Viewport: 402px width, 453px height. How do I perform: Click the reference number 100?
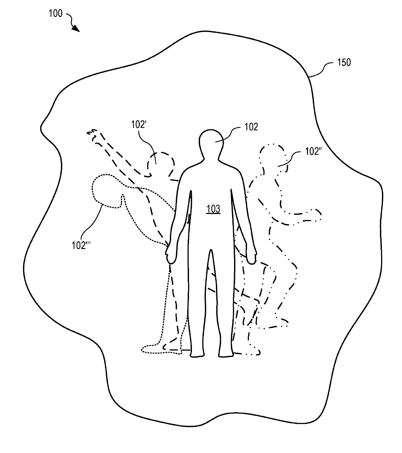pos(55,14)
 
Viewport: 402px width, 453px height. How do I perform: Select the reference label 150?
pos(344,62)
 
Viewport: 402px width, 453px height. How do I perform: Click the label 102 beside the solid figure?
pos(251,127)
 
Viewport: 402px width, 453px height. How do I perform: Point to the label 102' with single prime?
pos(139,124)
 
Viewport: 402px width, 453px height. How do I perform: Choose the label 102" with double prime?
pos(313,152)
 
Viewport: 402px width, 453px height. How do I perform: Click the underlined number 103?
pos(213,209)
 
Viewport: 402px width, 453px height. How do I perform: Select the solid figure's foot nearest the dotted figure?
pos(197,353)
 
